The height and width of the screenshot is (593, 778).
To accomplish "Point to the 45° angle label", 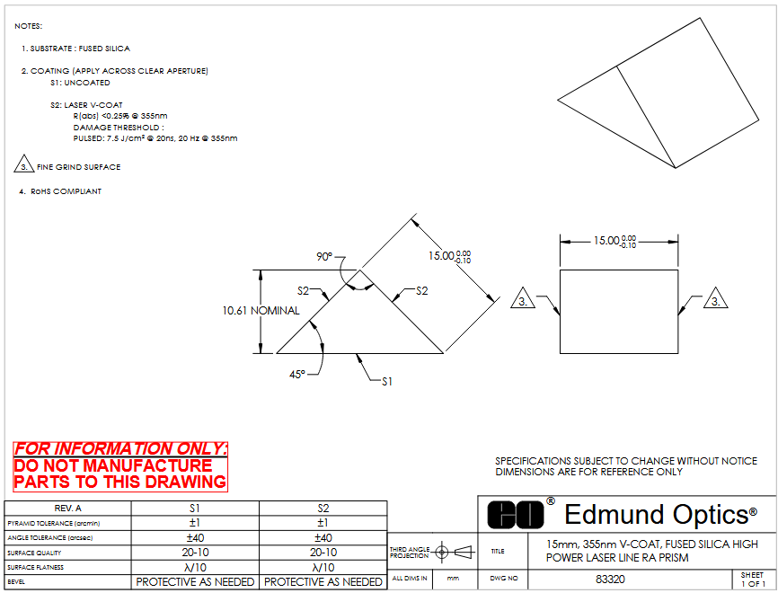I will pyautogui.click(x=297, y=373).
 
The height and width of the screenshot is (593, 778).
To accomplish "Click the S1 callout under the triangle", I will pyautogui.click(x=387, y=381).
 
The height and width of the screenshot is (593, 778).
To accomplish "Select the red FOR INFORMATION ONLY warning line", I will pyautogui.click(x=120, y=448).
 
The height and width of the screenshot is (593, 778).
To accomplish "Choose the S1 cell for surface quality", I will pyautogui.click(x=195, y=553).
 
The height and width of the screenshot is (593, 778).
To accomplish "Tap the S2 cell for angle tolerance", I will pyautogui.click(x=323, y=537).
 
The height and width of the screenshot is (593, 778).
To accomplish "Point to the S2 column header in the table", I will pyautogui.click(x=323, y=508).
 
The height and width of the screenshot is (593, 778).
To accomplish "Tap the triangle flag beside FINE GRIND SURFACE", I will pyautogui.click(x=24, y=166).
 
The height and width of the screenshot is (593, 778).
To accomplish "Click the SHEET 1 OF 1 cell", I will pyautogui.click(x=751, y=580).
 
